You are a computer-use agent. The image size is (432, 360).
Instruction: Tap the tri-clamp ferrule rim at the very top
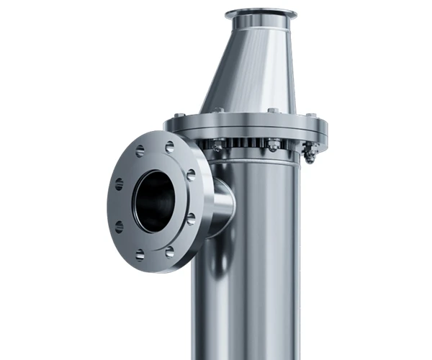pos(260,13)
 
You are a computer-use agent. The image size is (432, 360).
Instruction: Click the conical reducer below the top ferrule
pos(248,72)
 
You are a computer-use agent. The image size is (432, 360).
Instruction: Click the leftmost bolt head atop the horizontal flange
pos(179,114)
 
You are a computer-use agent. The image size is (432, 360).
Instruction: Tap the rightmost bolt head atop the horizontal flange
pos(310,114)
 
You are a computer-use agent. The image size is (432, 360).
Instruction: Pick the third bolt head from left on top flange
pos(273,110)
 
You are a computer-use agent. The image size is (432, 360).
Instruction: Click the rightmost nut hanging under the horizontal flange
pos(310,152)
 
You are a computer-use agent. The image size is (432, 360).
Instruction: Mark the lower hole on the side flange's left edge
pos(119,226)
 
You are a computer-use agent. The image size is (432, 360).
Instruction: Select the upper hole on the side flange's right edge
pos(191,175)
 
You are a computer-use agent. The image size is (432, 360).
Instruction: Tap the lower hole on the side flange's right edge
pos(191,218)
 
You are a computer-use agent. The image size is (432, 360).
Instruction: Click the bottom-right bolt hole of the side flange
pos(169,251)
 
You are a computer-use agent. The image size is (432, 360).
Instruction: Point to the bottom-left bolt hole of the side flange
pos(139,253)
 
